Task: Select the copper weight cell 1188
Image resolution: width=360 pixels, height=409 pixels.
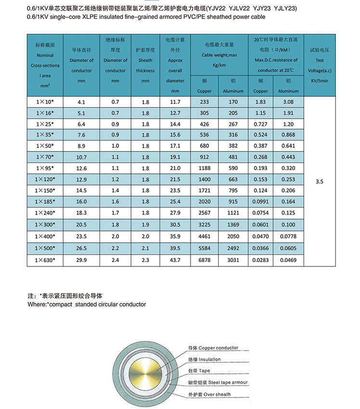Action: coord(205,168)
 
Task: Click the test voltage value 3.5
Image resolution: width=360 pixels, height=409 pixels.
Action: coord(320,182)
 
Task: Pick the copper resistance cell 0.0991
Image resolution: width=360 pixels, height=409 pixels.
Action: coord(260,201)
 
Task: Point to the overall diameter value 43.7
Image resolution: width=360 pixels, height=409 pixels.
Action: coord(175,260)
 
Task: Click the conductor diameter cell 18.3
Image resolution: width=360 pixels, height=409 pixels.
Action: coord(81,212)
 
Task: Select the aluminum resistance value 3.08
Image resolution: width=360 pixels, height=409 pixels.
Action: coord(288,102)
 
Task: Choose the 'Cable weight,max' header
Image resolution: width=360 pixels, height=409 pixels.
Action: coord(219,55)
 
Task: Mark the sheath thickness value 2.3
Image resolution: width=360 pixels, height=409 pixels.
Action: coord(145,260)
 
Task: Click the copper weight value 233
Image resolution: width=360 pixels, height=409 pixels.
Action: coord(205,102)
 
